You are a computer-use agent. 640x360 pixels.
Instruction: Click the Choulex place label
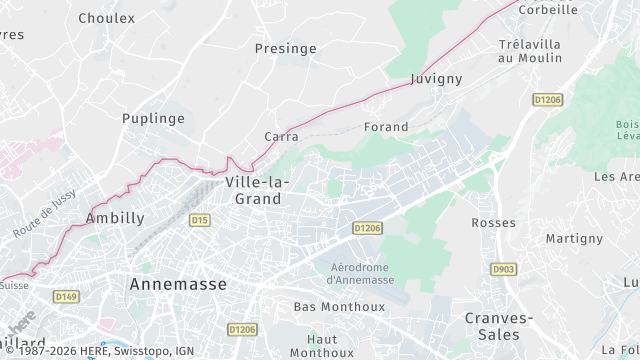[x=106, y=18]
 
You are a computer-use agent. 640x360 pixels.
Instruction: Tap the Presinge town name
[x=286, y=48]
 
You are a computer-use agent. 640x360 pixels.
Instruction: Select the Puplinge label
[x=153, y=118]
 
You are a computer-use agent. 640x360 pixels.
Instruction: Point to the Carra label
[x=282, y=136]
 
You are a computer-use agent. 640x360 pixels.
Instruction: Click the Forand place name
[x=387, y=127]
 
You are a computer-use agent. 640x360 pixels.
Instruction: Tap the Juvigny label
[x=434, y=78]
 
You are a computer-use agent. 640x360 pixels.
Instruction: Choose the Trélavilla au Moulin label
[x=529, y=51]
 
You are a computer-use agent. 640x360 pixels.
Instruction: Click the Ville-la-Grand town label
[x=257, y=190]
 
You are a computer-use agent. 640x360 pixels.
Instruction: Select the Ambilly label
[x=115, y=217]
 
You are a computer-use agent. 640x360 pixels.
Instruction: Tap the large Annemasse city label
[x=178, y=284]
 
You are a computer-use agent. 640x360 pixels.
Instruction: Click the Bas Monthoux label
[x=325, y=306]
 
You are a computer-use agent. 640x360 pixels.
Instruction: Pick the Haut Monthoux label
[x=322, y=345]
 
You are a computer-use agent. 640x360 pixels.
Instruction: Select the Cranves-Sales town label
[x=500, y=325]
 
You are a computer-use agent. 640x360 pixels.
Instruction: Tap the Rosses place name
[x=492, y=222]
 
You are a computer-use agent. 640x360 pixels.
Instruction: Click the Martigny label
[x=574, y=238]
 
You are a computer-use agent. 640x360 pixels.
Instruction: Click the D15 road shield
[x=199, y=219]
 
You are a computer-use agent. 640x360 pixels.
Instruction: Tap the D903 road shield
[x=502, y=269]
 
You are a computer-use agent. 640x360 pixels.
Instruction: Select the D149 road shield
[x=66, y=296]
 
